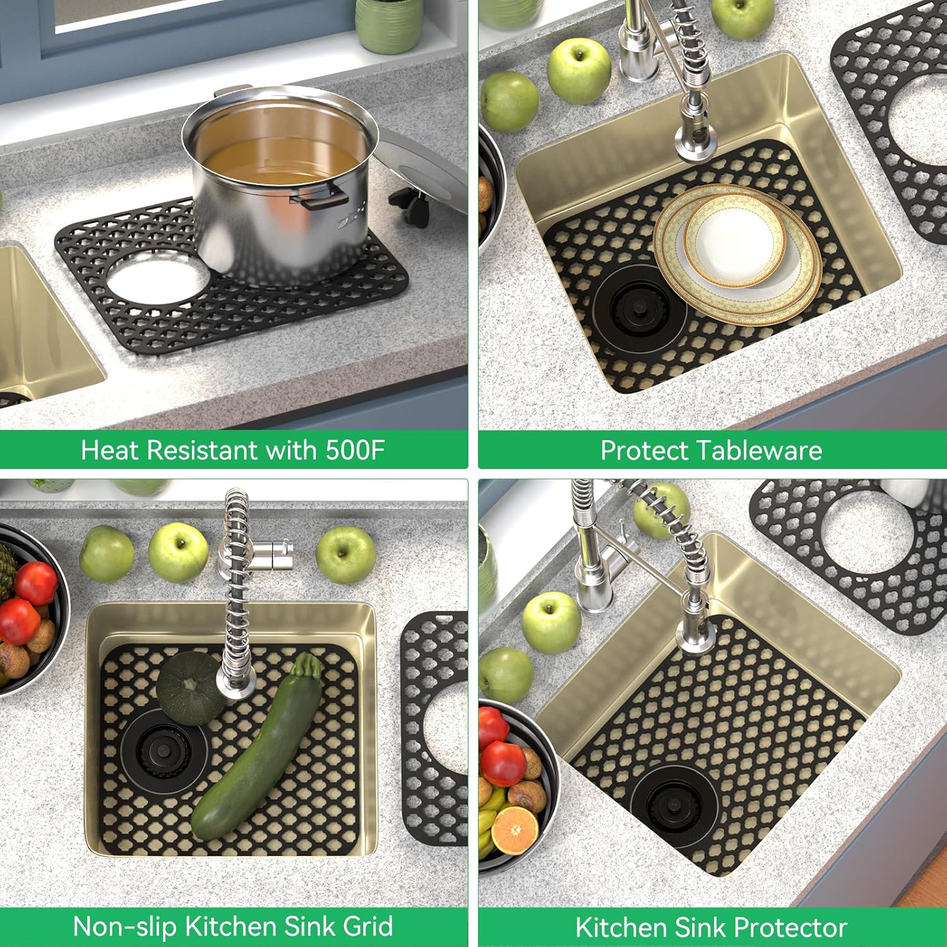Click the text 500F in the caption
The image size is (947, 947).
pos(355,451)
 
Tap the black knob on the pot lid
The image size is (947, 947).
pos(410,205)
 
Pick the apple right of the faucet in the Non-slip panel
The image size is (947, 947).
pos(346,555)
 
